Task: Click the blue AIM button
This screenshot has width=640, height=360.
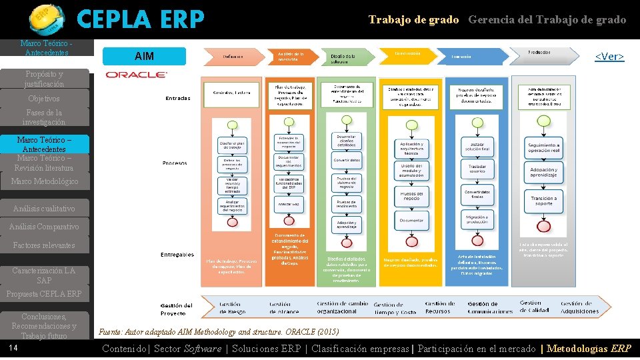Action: click(x=145, y=56)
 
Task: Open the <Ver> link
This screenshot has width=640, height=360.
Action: click(x=609, y=57)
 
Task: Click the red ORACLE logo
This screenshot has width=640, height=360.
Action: click(x=136, y=74)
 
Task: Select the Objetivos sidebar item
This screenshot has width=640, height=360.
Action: click(x=44, y=99)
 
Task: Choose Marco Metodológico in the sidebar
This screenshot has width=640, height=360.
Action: click(x=44, y=181)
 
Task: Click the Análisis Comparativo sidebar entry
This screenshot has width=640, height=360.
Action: click(x=44, y=227)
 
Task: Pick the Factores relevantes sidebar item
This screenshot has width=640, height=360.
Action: click(x=44, y=245)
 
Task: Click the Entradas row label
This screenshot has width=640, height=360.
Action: click(x=178, y=98)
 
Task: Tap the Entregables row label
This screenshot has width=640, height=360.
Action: click(x=177, y=255)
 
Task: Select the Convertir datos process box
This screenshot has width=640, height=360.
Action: click(x=347, y=160)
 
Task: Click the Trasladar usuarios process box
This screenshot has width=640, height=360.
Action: click(x=477, y=169)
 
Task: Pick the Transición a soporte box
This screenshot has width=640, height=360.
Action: click(x=544, y=201)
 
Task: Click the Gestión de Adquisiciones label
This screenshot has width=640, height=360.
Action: click(x=579, y=307)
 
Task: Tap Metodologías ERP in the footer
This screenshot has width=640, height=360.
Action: click(x=589, y=349)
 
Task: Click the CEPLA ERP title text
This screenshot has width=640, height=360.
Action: click(x=141, y=20)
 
